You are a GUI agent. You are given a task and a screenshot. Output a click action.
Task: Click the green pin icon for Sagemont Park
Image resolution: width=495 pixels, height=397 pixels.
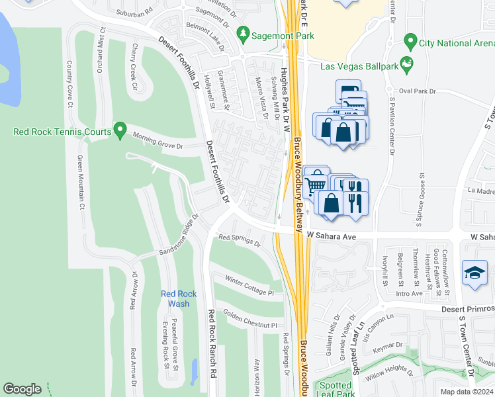tap(244, 33)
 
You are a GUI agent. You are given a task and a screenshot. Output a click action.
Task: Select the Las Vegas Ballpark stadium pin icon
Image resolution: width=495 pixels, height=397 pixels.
tap(406, 65)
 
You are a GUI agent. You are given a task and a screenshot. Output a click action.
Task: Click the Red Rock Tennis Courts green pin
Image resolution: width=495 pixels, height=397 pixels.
tap(120, 130)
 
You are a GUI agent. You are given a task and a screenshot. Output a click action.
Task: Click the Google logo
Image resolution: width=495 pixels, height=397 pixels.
tap(22, 389)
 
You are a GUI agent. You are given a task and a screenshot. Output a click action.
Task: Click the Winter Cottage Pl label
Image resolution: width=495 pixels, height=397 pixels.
tap(248, 285)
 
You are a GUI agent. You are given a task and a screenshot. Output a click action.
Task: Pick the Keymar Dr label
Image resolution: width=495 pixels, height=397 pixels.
tap(388, 345)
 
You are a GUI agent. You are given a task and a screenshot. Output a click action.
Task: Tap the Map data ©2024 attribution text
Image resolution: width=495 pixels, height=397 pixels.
tap(466, 391)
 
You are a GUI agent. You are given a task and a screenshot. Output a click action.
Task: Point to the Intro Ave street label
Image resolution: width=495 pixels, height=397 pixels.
tap(408, 293)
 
